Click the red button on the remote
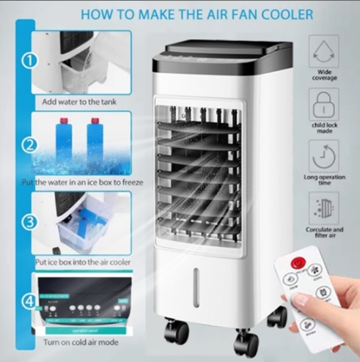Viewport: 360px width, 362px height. tap(298, 262)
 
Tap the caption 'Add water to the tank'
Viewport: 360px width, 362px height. tap(81, 103)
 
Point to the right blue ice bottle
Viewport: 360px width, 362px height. tap(95, 139)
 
